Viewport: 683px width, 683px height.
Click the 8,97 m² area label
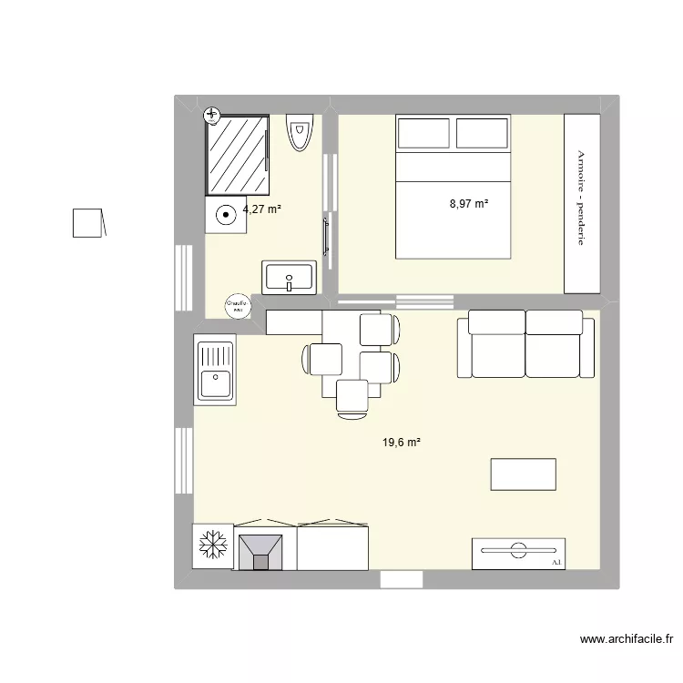point(469,203)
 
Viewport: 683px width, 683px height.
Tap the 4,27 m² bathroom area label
point(261,209)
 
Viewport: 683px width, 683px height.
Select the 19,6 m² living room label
point(402,443)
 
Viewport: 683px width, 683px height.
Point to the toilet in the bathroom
point(299,133)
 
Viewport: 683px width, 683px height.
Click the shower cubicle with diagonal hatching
point(237,155)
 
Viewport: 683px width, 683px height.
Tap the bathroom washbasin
point(289,276)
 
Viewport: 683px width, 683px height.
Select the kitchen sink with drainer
point(215,368)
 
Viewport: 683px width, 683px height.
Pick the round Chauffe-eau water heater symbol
point(238,306)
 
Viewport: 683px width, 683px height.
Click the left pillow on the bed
point(424,134)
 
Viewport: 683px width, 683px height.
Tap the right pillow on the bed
point(482,134)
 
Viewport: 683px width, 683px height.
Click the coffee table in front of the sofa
point(523,474)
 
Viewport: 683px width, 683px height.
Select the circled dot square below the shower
point(225,216)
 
